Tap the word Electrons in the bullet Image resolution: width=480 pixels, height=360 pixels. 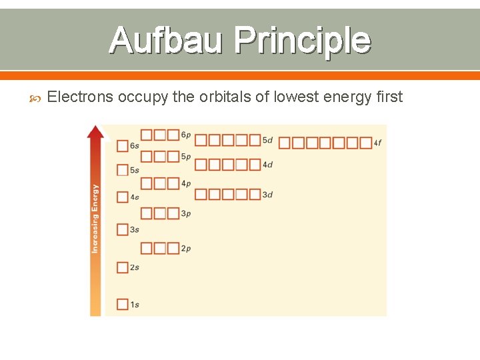(x=81, y=97)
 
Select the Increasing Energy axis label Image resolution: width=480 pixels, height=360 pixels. (x=95, y=219)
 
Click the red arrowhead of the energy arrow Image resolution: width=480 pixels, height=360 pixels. (x=96, y=131)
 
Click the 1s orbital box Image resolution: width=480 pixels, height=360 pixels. (x=123, y=305)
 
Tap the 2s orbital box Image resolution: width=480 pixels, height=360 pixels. (x=123, y=267)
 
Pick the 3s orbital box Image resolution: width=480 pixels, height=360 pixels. (x=123, y=229)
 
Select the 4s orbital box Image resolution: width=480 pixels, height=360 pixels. (x=123, y=197)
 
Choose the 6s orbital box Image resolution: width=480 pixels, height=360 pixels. (x=123, y=145)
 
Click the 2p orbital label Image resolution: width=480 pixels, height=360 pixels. (x=186, y=249)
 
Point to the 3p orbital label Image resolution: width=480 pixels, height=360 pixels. (x=186, y=214)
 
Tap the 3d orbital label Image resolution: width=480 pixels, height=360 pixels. (x=267, y=195)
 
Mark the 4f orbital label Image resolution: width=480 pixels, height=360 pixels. (x=378, y=143)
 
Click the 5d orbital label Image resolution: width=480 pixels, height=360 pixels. (x=267, y=140)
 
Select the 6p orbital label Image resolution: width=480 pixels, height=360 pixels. (x=186, y=135)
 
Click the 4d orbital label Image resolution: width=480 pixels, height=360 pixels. (x=267, y=165)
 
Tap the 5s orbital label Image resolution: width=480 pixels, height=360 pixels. (x=135, y=171)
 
